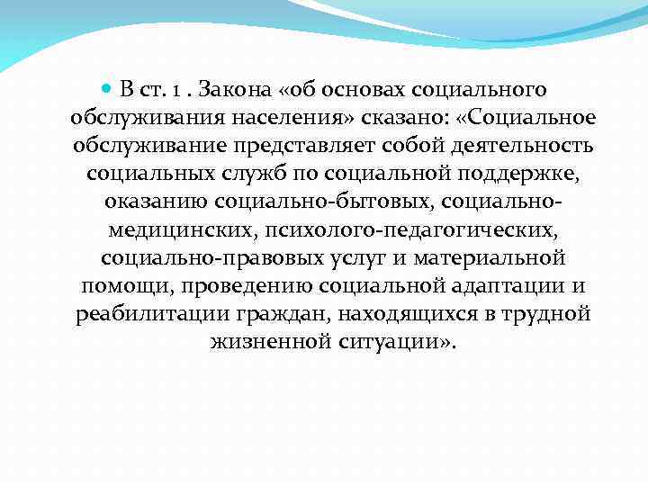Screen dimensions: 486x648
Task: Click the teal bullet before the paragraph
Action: [x=106, y=90]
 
